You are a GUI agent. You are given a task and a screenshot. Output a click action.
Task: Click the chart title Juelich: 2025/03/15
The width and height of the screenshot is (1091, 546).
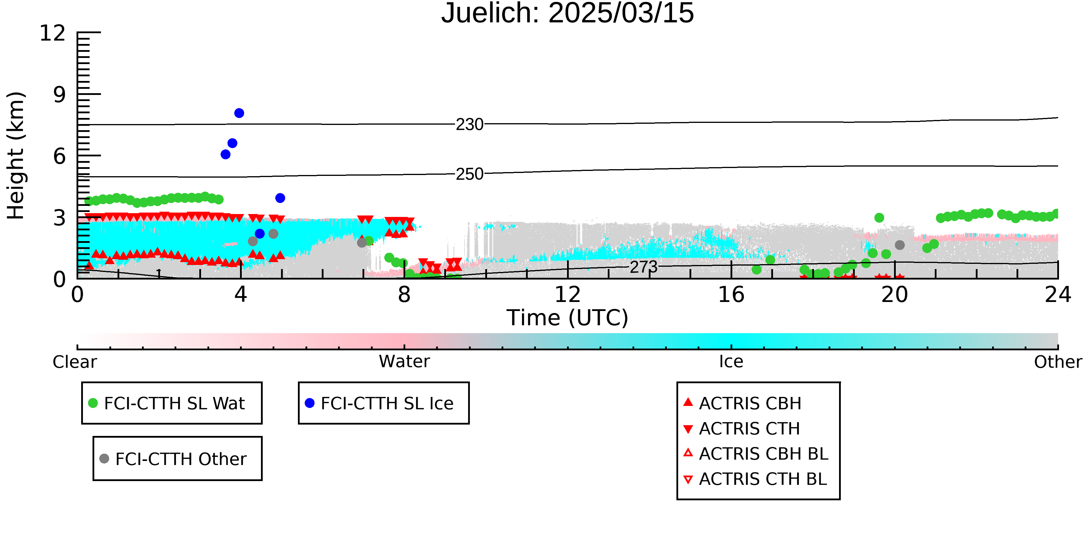568,13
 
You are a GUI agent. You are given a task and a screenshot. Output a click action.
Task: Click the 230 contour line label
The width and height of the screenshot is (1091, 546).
469,125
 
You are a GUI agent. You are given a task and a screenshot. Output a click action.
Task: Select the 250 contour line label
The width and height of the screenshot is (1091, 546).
469,174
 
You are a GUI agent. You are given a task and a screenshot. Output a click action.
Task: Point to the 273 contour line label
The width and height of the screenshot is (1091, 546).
643,267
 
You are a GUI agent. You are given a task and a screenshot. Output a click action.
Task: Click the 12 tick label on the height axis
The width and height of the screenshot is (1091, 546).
53,33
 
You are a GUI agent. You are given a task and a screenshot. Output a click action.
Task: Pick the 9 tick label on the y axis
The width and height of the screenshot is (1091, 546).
60,95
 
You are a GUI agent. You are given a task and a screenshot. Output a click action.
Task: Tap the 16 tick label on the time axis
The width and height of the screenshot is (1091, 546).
731,295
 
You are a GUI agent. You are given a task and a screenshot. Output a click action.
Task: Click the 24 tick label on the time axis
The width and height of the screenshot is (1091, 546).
1058,295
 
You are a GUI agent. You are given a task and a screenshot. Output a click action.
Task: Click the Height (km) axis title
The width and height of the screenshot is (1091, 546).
16,156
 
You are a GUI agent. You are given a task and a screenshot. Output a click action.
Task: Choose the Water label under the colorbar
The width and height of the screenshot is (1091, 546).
404,362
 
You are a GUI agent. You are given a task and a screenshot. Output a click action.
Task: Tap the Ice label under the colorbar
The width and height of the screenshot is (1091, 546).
731,362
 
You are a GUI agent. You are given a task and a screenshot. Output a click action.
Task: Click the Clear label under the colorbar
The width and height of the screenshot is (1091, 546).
74,362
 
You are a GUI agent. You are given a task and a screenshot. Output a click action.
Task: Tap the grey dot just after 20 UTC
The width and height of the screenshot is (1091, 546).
900,245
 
